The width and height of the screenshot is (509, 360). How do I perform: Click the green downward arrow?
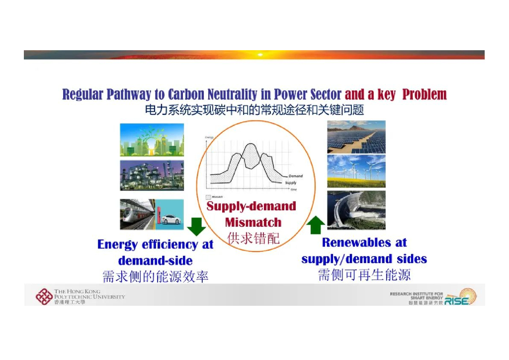(x=197, y=227)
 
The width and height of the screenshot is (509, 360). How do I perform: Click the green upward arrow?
(x=315, y=225)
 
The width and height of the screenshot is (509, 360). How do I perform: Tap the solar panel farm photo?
(x=356, y=137)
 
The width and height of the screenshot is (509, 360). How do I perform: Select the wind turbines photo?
(x=356, y=171)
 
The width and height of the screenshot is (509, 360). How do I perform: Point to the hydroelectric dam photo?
(x=356, y=210)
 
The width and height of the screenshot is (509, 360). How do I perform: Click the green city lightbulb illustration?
(x=152, y=140)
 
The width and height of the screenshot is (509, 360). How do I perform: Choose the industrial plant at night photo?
(x=152, y=175)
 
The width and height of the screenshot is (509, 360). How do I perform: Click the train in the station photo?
(x=137, y=215)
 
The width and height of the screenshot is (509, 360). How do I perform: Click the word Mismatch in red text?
(x=253, y=222)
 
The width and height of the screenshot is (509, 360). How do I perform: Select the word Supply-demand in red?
(x=251, y=206)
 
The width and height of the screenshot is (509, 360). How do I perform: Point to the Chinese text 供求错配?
(x=253, y=238)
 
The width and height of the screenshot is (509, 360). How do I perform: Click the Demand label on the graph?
(x=295, y=176)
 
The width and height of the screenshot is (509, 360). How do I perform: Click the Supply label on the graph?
(x=291, y=183)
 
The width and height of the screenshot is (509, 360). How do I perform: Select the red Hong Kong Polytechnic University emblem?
(x=43, y=296)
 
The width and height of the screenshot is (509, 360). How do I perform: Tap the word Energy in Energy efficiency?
(x=118, y=244)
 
